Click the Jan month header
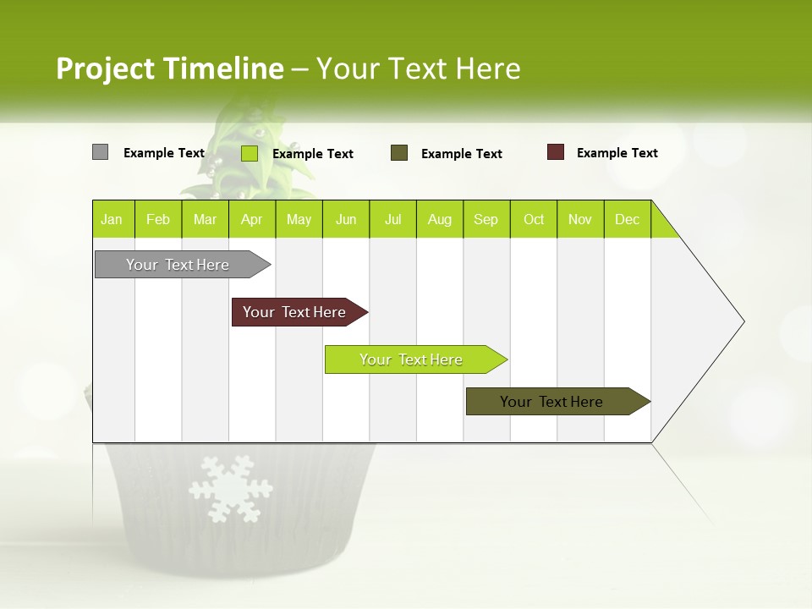click(x=112, y=219)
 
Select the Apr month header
click(x=251, y=219)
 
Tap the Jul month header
click(x=392, y=219)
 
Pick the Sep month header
click(x=486, y=219)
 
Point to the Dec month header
click(x=627, y=219)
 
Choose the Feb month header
click(x=158, y=219)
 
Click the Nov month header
click(x=580, y=219)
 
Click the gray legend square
click(x=100, y=152)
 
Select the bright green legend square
click(x=250, y=153)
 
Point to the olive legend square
click(x=399, y=153)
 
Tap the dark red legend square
click(x=556, y=152)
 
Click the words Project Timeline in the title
click(x=169, y=69)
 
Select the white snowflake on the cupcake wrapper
click(x=231, y=488)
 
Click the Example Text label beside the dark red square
click(x=617, y=153)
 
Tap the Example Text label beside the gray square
click(x=163, y=153)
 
